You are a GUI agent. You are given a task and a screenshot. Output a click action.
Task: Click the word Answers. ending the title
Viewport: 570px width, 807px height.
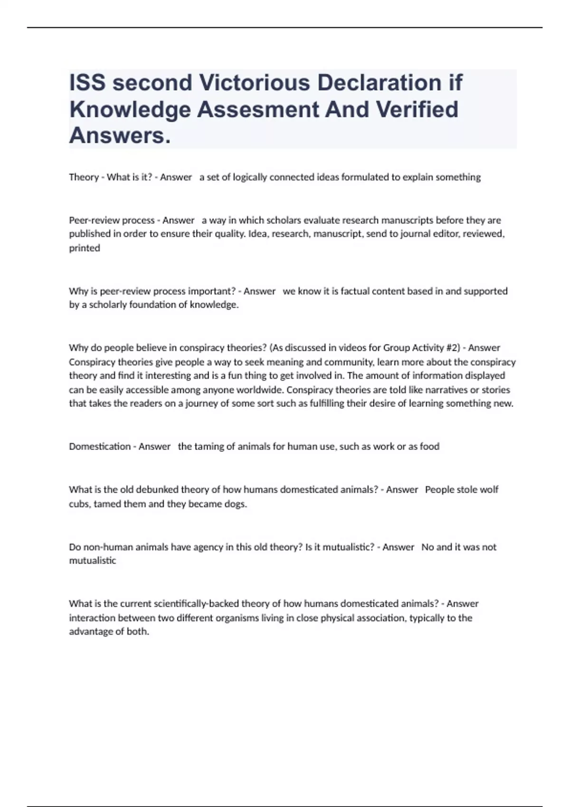(x=120, y=136)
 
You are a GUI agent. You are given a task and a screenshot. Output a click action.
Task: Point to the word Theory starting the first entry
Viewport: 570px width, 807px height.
(x=84, y=178)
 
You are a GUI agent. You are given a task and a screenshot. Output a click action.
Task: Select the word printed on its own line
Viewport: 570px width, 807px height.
(x=85, y=248)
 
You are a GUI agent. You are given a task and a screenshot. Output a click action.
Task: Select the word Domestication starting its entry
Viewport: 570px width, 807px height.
(x=100, y=447)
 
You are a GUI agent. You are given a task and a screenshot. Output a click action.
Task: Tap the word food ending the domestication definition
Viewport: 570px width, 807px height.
(x=430, y=447)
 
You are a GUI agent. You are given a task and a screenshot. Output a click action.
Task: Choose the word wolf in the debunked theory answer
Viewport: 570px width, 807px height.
(x=489, y=490)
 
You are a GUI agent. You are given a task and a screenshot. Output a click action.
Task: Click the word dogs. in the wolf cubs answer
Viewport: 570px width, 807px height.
(x=236, y=504)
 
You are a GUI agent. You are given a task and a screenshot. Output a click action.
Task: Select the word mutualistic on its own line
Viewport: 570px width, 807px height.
(x=93, y=561)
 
